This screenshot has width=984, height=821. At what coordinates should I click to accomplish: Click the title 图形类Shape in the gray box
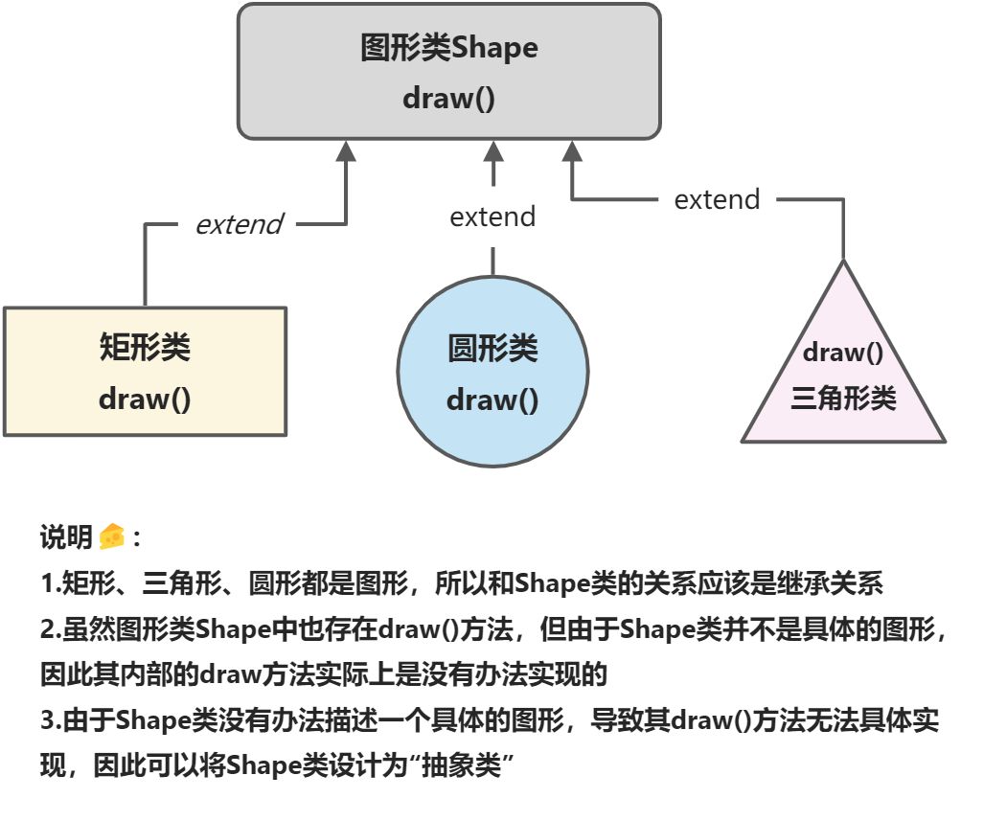tap(448, 48)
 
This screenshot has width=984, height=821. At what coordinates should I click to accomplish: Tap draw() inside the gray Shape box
tap(448, 98)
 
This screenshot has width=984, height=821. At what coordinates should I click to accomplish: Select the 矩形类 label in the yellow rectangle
tap(145, 347)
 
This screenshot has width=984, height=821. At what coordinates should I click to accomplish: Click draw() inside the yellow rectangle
tap(145, 399)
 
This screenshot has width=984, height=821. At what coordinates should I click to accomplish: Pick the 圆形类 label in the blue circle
tap(492, 349)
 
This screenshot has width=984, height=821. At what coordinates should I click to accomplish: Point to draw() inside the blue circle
tap(492, 399)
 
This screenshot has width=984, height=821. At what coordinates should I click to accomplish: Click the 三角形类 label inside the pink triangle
tap(843, 398)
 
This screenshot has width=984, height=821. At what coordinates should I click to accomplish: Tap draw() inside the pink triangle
tap(843, 352)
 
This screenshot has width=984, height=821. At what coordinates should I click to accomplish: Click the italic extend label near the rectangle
tap(239, 224)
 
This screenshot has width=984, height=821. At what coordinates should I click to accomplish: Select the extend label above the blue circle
tap(492, 217)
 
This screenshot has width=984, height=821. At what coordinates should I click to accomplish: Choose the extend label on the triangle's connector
tap(717, 199)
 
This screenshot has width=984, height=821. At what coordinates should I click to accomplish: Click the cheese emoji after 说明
tap(112, 537)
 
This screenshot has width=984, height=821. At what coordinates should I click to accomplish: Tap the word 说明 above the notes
tap(66, 537)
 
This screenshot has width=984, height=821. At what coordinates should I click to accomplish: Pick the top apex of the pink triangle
tap(844, 261)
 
